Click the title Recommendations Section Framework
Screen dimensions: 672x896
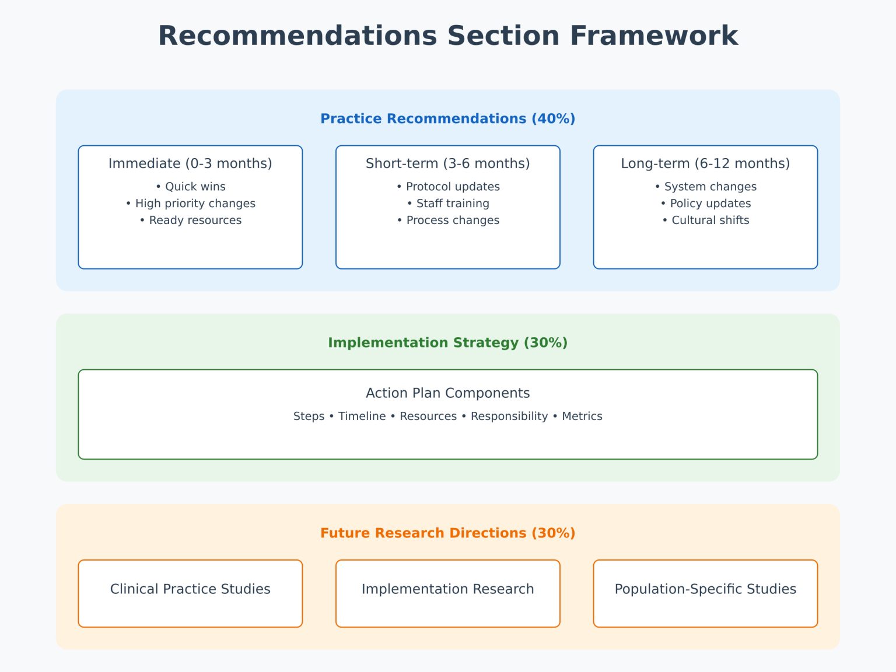(447, 36)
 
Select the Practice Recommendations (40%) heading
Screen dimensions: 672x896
(447, 118)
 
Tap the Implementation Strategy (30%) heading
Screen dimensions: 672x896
(447, 342)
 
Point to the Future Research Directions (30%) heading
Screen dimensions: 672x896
(447, 533)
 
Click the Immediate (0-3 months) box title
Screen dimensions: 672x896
(190, 163)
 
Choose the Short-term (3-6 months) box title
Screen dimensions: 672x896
(447, 163)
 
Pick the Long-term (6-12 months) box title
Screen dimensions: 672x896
(705, 163)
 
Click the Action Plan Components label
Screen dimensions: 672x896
(447, 393)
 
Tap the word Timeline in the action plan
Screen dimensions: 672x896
(362, 416)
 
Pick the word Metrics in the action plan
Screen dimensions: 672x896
(582, 416)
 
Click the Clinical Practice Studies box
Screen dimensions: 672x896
(190, 593)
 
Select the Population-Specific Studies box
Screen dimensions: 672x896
(705, 593)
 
